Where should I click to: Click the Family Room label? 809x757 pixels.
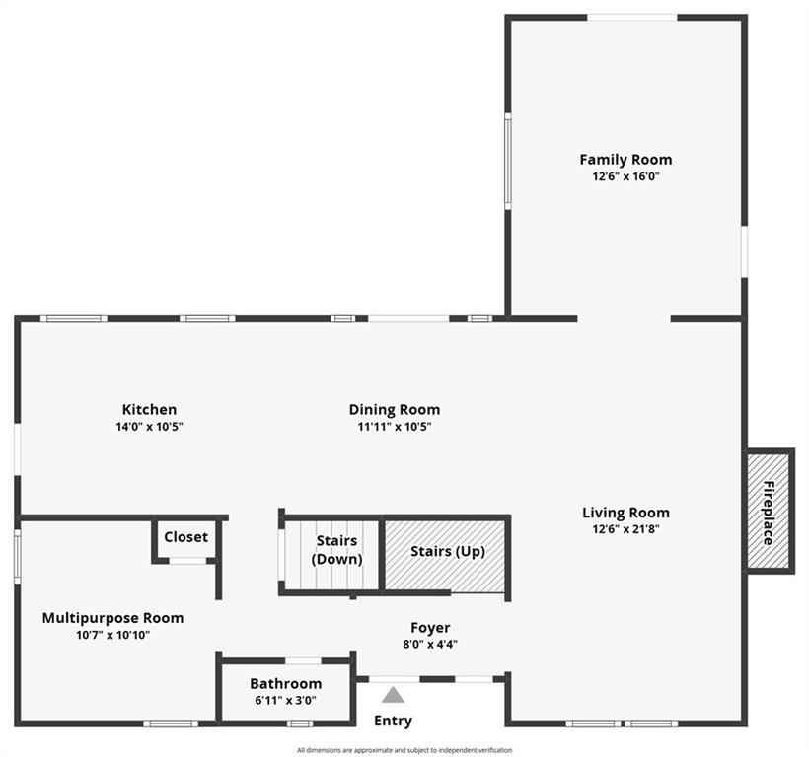[625, 160]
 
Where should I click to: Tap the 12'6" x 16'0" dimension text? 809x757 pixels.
[625, 176]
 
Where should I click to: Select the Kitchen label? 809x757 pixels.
[149, 410]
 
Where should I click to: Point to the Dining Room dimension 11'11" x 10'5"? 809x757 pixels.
[395, 427]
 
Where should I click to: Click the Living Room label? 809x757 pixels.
[625, 513]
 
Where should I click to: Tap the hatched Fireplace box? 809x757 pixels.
[769, 512]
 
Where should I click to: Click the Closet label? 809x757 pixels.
[185, 537]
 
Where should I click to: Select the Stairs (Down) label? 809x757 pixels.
[336, 550]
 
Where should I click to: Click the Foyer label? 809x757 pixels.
[430, 628]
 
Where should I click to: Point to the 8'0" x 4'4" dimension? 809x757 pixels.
[430, 644]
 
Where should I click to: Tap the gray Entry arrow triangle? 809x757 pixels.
[393, 695]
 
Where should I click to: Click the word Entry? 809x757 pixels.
[393, 721]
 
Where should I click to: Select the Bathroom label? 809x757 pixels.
[286, 684]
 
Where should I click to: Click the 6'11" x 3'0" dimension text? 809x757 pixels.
[286, 700]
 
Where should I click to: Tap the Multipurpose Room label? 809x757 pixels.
[113, 618]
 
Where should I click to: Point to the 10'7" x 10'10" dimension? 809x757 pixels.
[113, 635]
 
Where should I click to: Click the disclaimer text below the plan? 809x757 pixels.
[404, 750]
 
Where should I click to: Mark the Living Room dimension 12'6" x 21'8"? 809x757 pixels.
[625, 529]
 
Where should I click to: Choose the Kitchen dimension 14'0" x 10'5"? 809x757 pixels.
[149, 427]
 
